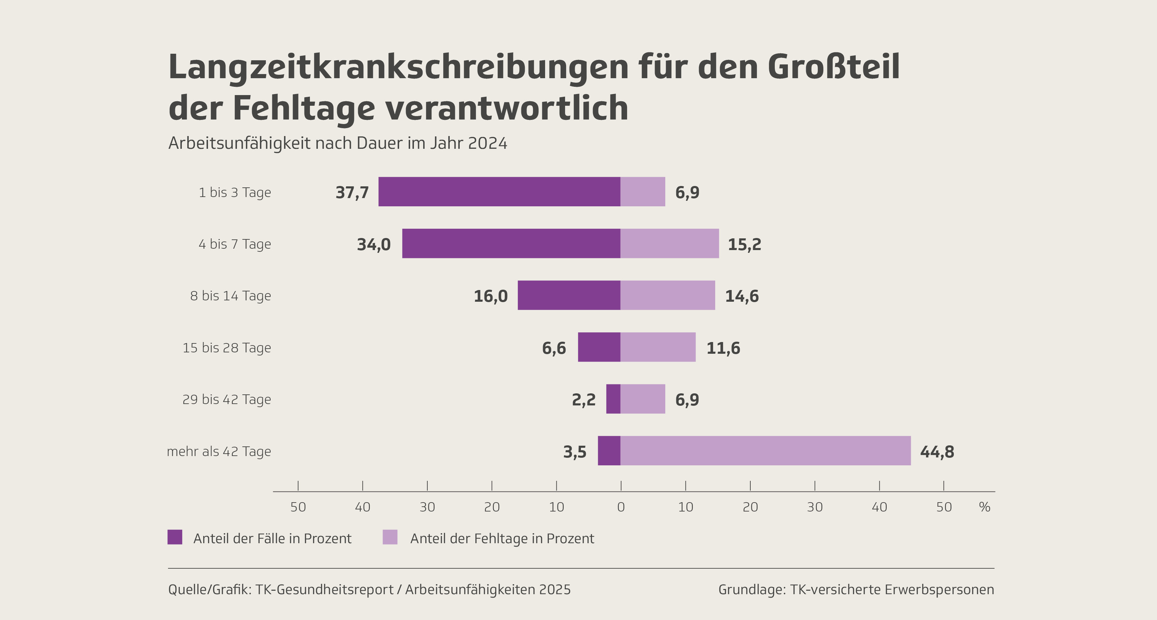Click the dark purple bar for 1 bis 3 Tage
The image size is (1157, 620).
coord(499,192)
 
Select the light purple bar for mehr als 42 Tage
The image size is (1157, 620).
coord(765,451)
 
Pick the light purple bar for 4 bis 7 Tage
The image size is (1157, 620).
coord(669,244)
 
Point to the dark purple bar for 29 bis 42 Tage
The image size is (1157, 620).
coord(613,399)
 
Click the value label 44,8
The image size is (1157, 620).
coord(937,452)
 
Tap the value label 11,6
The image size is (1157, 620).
coord(723,348)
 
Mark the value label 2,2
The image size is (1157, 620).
coord(583,400)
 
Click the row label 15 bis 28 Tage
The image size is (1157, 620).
coord(227,348)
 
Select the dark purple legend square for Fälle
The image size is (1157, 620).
coord(175,537)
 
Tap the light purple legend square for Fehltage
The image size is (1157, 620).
coord(390,537)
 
